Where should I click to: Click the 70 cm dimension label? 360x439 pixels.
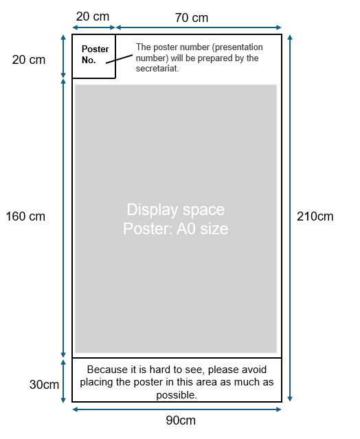[192, 18]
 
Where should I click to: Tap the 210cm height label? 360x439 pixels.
[315, 216]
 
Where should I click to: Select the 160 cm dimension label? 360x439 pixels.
[25, 216]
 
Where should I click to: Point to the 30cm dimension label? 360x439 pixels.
[44, 385]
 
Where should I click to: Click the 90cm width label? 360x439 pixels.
[181, 420]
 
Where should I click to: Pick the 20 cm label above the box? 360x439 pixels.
[93, 16]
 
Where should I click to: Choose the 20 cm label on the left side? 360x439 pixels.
[29, 60]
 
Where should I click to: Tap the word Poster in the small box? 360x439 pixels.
[95, 49]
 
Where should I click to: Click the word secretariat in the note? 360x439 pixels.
[157, 68]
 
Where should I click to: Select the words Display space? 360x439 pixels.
[175, 210]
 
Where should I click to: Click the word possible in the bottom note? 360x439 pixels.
[177, 395]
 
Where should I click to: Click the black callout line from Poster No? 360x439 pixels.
[120, 59]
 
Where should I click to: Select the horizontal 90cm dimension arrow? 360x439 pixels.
[177, 409]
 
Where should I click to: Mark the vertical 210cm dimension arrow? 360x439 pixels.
[290, 218]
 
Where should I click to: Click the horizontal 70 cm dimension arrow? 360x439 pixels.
[199, 27]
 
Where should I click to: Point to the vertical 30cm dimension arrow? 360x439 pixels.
[63, 381]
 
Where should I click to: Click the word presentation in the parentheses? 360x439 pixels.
[238, 47]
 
